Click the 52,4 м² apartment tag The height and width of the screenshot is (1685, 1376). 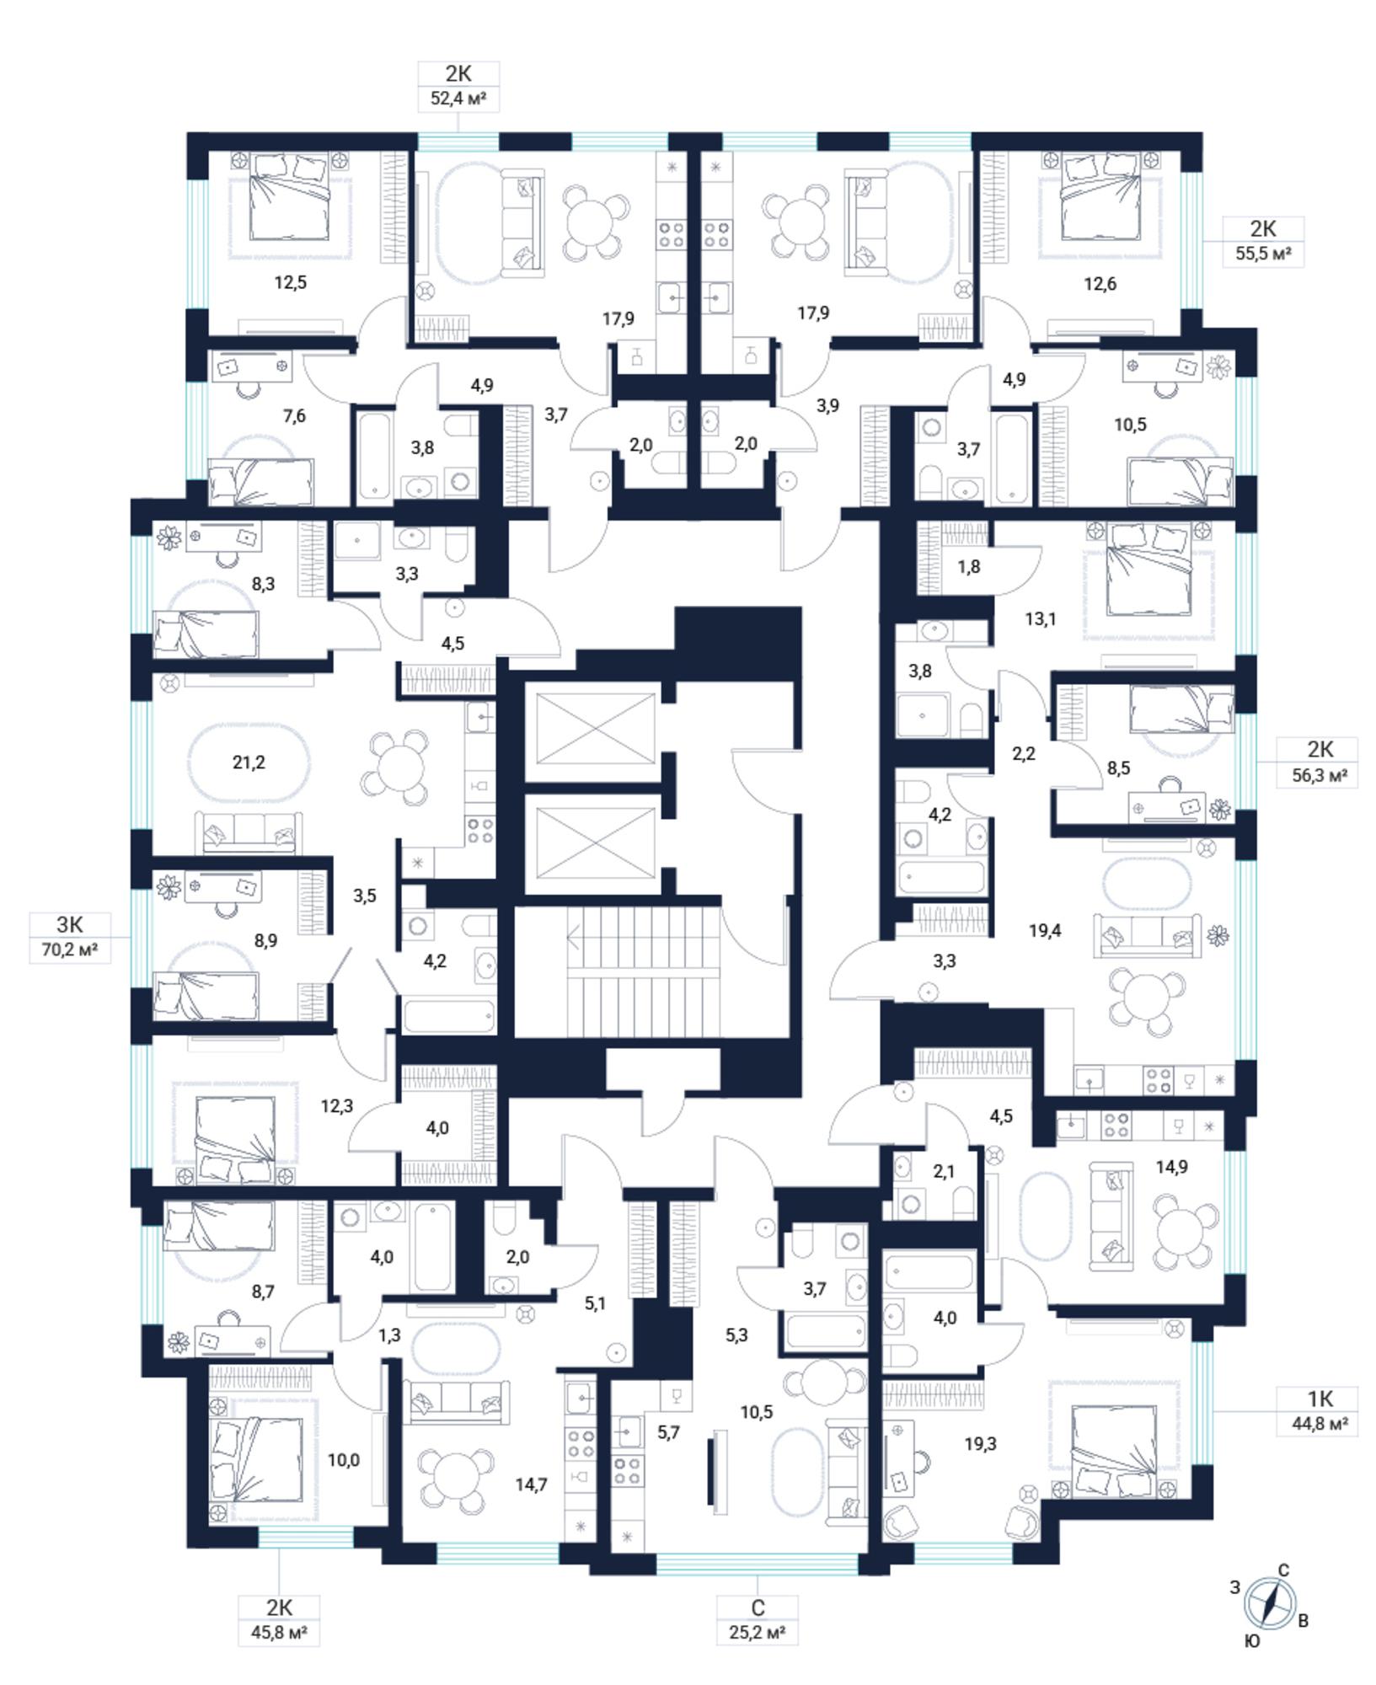458,86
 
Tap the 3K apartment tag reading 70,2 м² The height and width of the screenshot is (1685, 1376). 70,937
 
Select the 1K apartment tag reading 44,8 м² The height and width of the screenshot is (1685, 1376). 1320,1411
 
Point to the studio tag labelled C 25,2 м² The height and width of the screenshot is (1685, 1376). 757,1619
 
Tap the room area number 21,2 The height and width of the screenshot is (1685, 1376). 249,762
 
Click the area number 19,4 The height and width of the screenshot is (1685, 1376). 1045,930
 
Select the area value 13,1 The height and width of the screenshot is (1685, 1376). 1041,619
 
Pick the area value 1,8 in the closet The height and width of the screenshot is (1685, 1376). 969,566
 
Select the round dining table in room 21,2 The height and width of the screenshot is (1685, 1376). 394,768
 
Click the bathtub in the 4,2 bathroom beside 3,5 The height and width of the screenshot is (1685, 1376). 447,1016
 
